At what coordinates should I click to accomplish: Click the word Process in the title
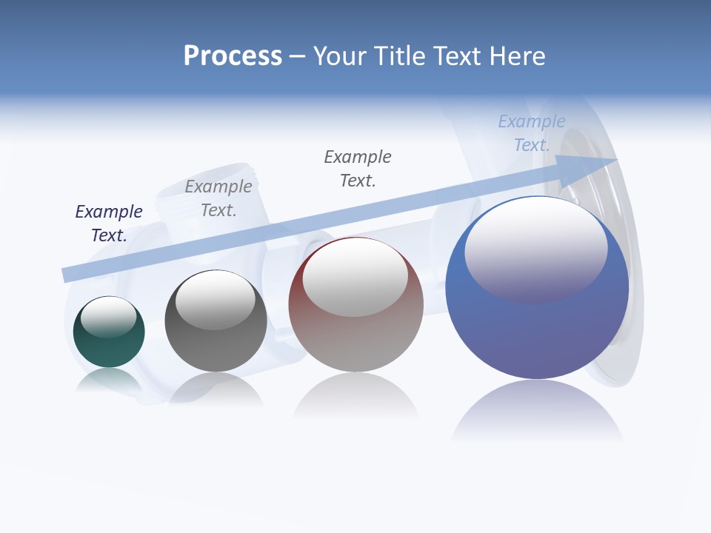(x=233, y=56)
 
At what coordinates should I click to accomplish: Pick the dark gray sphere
(x=216, y=344)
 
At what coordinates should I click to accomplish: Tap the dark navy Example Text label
(x=109, y=223)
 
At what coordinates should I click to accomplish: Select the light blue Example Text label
(x=532, y=133)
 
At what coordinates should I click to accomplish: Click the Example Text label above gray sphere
(x=218, y=198)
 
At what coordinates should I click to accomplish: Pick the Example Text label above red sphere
(x=358, y=168)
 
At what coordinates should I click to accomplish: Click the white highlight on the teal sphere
(x=108, y=316)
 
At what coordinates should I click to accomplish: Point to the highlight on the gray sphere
(x=216, y=298)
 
